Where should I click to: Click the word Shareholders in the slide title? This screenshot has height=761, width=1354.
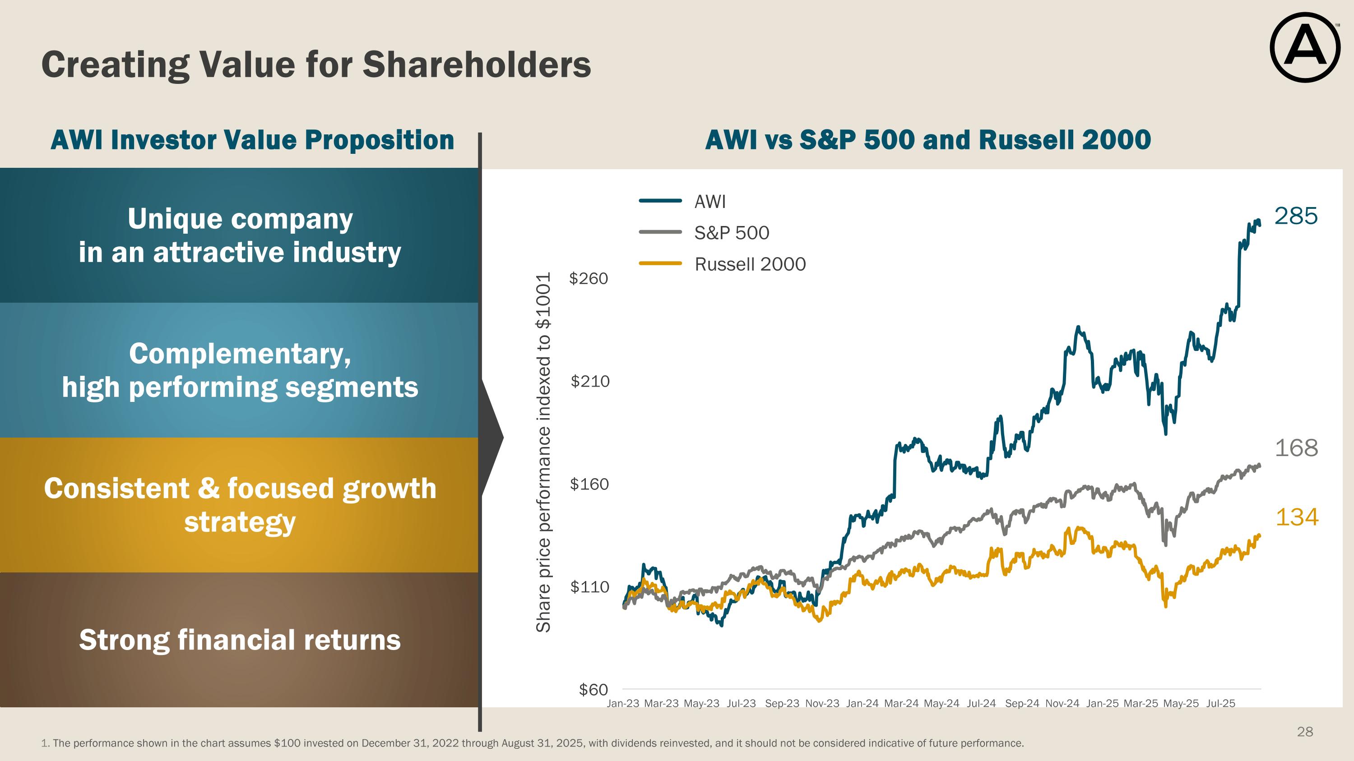click(x=476, y=65)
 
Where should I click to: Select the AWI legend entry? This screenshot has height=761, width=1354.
click(x=709, y=202)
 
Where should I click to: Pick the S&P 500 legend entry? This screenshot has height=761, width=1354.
click(x=731, y=233)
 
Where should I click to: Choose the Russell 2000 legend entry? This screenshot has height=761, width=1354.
click(x=750, y=264)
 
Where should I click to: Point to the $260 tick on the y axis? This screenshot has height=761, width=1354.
click(x=588, y=278)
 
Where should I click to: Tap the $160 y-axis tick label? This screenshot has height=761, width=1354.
click(x=589, y=484)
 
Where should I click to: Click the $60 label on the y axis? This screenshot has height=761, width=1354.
click(x=593, y=690)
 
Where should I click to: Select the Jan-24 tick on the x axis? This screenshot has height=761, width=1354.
click(x=862, y=703)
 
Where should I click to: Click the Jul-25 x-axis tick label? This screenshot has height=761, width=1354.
click(x=1220, y=703)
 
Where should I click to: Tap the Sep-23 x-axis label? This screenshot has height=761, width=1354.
click(x=782, y=703)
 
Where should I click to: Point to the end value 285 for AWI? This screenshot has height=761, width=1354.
click(x=1296, y=217)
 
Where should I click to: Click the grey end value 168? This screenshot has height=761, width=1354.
click(x=1296, y=448)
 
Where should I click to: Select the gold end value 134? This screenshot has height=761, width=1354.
click(x=1297, y=517)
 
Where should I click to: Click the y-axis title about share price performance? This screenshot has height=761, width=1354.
click(x=543, y=452)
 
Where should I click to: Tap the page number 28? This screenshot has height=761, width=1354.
click(x=1305, y=732)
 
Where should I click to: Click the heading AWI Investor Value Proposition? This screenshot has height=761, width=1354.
click(x=252, y=140)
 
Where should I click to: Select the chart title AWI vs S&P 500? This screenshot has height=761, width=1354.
click(x=928, y=140)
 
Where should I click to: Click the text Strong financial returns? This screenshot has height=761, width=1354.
click(x=240, y=640)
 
